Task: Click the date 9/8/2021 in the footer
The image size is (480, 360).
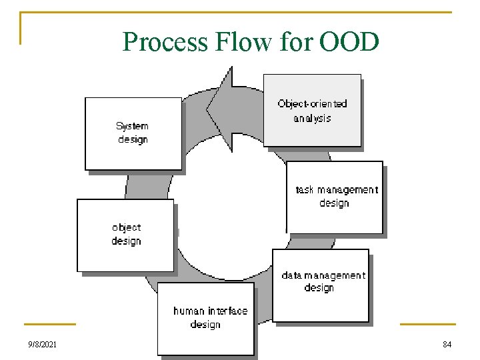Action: tap(43, 345)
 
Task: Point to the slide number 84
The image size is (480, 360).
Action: tap(447, 345)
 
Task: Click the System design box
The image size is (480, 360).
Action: tap(133, 133)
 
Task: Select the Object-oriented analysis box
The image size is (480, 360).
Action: tap(312, 111)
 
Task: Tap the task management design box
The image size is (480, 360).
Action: tap(335, 197)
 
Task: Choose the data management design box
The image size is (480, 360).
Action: tap(321, 285)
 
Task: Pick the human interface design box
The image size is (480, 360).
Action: tap(206, 319)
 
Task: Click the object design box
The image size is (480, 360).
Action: tap(125, 235)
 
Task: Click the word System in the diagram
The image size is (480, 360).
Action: tap(132, 126)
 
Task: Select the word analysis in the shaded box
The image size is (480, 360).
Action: tap(312, 119)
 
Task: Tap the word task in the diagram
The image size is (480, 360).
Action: tap(304, 190)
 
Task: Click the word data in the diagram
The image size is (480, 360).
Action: tap(291, 275)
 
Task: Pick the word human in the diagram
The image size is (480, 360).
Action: tap(189, 311)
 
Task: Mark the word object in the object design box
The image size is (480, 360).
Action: tap(126, 228)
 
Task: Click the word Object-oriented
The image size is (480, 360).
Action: tap(312, 103)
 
